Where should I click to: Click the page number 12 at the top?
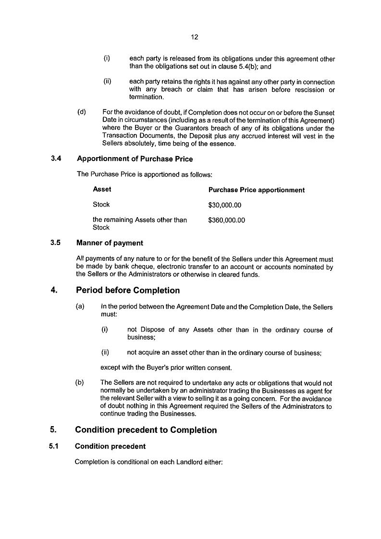tap(195, 37)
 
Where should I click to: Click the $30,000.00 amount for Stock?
tap(224, 205)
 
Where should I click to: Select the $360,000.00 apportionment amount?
tap(226, 220)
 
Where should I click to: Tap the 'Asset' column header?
tap(102, 189)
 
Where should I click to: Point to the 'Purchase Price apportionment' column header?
tap(256, 190)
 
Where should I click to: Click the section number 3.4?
tap(56, 159)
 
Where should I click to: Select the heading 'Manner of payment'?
tap(110, 243)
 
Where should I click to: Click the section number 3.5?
tap(55, 243)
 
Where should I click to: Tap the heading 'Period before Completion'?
tap(128, 290)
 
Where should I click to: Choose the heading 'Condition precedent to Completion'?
tap(146, 430)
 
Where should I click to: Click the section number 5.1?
tap(54, 446)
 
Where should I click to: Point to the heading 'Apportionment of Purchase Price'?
tap(135, 159)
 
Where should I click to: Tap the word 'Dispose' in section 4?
tap(153, 330)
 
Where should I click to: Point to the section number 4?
tap(54, 290)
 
